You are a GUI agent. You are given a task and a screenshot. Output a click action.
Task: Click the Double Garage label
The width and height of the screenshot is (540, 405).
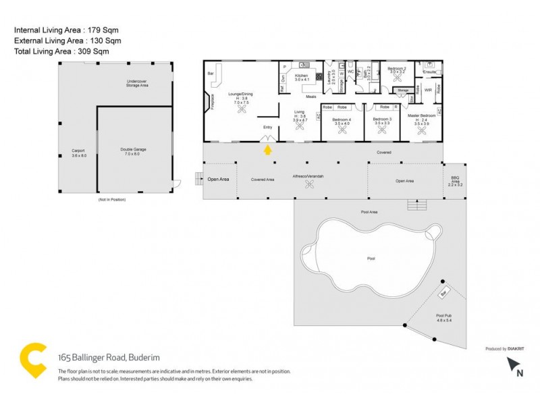click(133, 151)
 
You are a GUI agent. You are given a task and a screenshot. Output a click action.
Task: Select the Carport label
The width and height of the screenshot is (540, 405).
click(79, 153)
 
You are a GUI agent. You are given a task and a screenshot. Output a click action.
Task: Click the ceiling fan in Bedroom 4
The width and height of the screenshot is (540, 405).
click(342, 132)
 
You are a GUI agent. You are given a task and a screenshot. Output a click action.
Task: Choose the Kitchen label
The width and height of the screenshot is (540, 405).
click(301, 78)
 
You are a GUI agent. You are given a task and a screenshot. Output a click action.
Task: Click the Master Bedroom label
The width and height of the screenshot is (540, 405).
click(422, 115)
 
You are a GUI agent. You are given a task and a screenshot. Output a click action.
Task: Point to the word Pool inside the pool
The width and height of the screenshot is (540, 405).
click(371, 258)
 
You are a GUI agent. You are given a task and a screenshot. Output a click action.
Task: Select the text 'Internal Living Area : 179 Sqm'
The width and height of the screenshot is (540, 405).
click(62, 30)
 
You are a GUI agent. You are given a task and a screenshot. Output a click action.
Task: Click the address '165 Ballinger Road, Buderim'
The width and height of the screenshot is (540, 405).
click(108, 358)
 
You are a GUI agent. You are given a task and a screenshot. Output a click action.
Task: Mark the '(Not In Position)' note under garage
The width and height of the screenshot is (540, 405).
click(112, 200)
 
